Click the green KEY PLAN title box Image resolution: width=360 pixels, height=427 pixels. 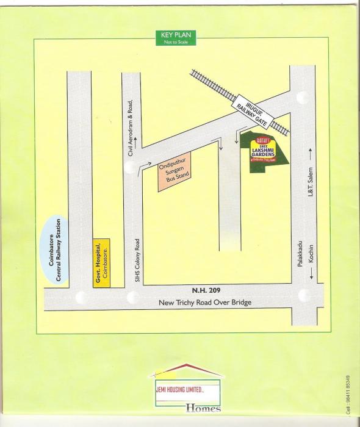point(176,37)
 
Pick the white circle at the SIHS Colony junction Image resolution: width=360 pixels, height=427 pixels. point(132,298)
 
